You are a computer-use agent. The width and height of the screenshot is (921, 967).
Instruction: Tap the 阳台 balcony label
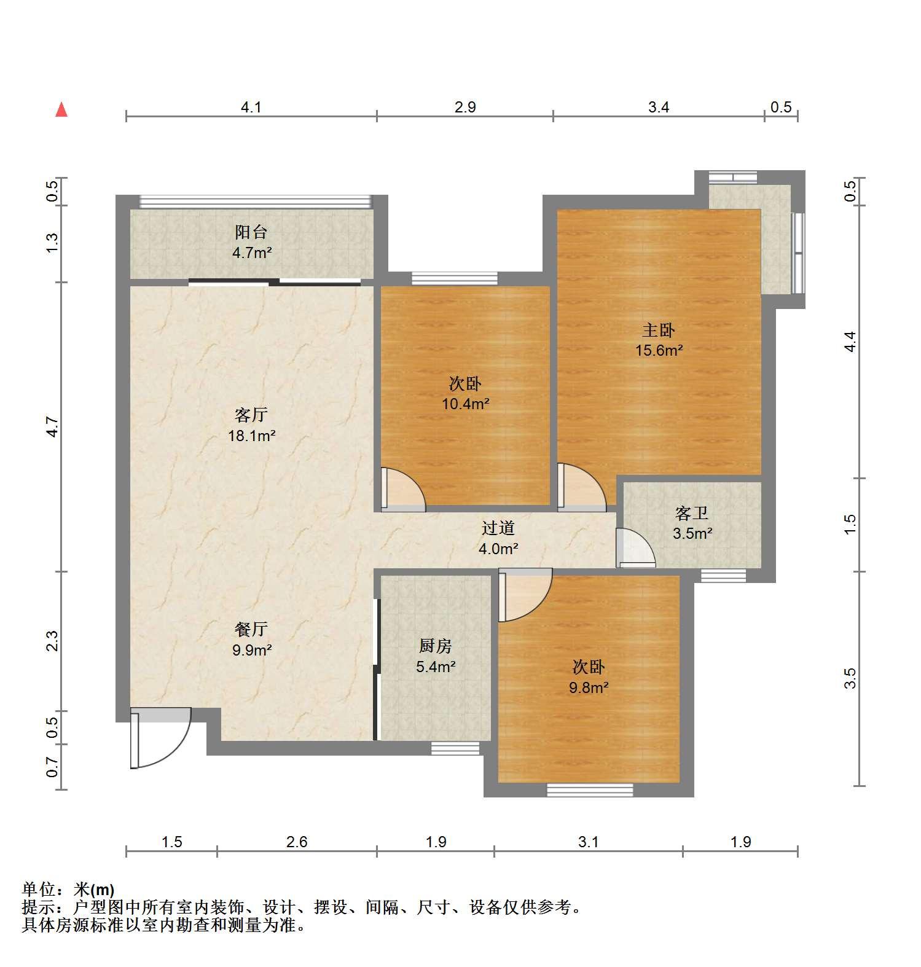(251, 232)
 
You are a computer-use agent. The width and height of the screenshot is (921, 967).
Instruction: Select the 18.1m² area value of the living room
(252, 436)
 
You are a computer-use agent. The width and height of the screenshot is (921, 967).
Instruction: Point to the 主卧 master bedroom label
(659, 331)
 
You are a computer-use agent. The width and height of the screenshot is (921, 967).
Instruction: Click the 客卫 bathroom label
(692, 513)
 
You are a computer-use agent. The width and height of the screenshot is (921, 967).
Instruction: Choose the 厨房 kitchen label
(436, 646)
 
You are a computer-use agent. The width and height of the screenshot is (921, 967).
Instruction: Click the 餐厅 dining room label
(251, 629)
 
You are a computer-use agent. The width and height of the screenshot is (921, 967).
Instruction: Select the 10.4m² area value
(466, 404)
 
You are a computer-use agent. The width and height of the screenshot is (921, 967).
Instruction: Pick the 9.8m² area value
(589, 687)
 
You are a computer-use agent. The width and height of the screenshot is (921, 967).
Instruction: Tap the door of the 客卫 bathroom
(637, 547)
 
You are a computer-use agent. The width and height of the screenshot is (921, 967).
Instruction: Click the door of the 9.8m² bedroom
(525, 595)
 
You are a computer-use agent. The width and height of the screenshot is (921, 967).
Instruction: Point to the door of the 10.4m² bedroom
(402, 490)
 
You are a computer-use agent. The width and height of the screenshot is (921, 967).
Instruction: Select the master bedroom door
(581, 487)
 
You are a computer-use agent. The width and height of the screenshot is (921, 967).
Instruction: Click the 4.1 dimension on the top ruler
(251, 108)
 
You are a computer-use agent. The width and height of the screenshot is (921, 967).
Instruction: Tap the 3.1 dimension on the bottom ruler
(588, 842)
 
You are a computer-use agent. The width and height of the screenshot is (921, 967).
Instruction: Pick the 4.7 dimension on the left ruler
(53, 426)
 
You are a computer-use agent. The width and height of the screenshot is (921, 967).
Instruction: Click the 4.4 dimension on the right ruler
(850, 342)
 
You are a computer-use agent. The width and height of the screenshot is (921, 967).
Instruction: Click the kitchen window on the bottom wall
(455, 748)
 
